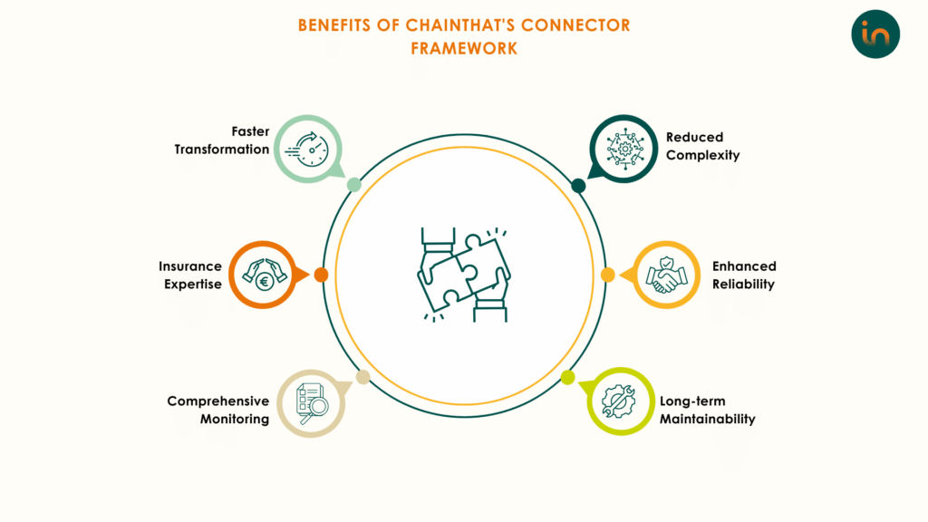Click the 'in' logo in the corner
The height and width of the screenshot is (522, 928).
[875, 34]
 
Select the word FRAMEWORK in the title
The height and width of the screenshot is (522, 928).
[464, 48]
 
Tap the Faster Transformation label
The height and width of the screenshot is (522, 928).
[222, 140]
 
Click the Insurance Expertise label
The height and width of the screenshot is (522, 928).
[190, 275]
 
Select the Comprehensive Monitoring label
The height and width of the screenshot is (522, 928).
[217, 410]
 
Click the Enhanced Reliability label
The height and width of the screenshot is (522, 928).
[744, 275]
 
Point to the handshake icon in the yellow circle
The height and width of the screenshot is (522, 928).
[668, 275]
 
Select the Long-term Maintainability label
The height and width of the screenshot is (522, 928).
[707, 410]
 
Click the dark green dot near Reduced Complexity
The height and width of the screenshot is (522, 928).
[578, 186]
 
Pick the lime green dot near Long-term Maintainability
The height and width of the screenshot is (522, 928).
[568, 377]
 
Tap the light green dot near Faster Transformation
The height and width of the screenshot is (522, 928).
[354, 185]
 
